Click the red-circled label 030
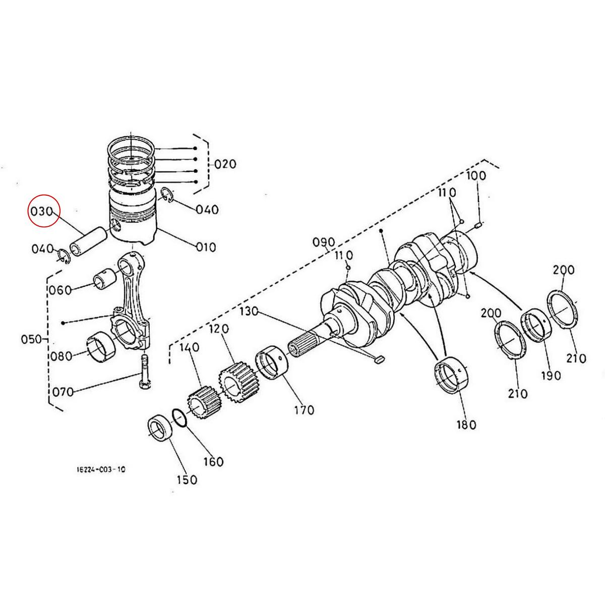click(x=43, y=212)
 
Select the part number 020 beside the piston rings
click(x=225, y=164)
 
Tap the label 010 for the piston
click(x=205, y=248)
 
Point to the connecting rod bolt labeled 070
click(x=145, y=371)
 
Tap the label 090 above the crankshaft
click(x=324, y=241)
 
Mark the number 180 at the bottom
click(x=465, y=425)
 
